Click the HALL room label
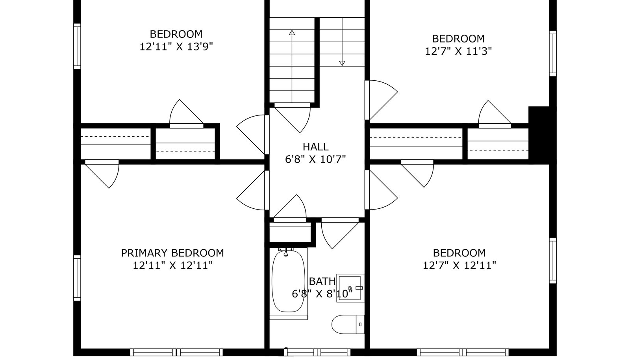point(315,147)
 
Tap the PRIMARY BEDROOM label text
point(172,253)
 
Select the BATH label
point(322,281)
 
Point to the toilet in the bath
point(348,324)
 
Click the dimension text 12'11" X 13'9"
point(176,47)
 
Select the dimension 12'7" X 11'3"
point(458,51)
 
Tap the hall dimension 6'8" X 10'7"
point(315,160)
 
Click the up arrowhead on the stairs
point(292,32)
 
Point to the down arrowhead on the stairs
point(342,63)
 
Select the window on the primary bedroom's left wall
point(77,278)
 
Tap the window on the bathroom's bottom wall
point(317,352)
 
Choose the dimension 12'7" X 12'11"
point(459,265)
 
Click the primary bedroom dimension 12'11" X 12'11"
point(172,265)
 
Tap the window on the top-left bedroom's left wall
point(77,46)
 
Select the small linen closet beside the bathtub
point(290,232)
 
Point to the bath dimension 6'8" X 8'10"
point(322,294)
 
